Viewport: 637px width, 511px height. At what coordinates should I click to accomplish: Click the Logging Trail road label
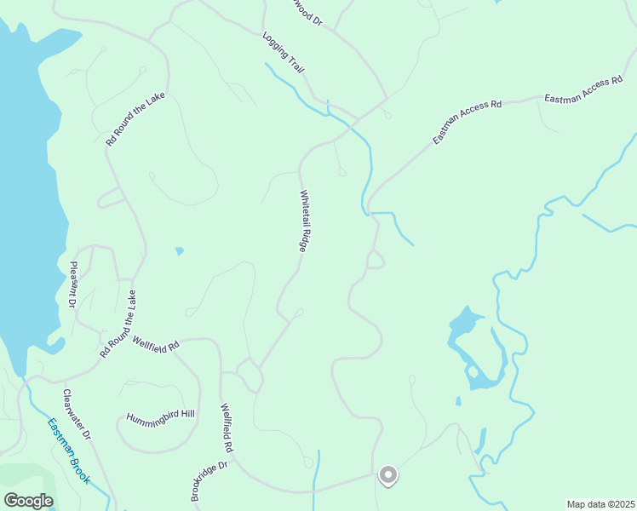284,53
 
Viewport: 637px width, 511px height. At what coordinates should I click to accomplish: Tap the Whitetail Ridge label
303,220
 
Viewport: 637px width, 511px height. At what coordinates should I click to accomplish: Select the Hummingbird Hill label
161,417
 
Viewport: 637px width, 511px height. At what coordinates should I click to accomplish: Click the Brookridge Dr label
210,481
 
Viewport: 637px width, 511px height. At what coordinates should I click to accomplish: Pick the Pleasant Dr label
72,284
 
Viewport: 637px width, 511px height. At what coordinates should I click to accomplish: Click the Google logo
28,500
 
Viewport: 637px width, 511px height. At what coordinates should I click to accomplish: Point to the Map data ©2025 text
600,504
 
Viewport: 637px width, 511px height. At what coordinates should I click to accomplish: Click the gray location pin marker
387,474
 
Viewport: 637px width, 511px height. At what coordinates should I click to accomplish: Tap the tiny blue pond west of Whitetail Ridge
179,250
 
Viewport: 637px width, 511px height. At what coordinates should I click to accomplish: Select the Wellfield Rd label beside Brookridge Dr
227,428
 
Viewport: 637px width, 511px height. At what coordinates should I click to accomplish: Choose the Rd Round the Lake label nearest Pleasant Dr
118,323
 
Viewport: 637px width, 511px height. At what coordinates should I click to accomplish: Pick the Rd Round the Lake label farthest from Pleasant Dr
135,119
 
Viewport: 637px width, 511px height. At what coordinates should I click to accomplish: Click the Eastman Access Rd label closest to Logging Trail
467,121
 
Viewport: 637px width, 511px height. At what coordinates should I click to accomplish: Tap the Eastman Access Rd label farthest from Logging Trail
590,89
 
